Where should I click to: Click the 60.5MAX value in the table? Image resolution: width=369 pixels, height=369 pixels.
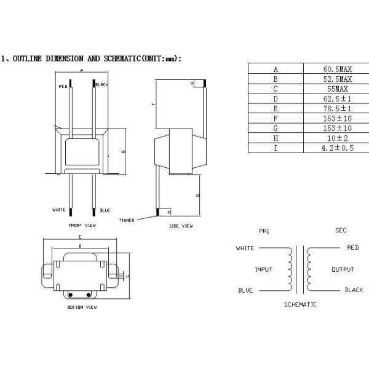coord(338,69)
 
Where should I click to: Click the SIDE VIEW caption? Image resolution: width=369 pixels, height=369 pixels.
coord(181,226)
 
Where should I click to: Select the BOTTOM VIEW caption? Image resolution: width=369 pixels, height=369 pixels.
coord(82,306)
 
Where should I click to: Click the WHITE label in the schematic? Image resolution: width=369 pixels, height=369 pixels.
coord(245,248)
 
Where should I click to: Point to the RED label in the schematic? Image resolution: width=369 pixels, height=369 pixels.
coord(352,247)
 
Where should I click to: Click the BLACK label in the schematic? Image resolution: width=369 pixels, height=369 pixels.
coord(354,290)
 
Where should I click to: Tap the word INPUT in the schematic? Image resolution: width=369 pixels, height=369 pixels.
coord(263,269)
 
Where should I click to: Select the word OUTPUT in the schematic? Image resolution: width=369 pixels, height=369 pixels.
coord(343,269)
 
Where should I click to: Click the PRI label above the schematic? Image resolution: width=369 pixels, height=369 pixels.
coord(264,231)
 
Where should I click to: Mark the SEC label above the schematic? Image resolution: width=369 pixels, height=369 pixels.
coord(341,230)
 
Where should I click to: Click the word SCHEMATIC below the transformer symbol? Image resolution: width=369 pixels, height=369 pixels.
coord(300,304)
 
